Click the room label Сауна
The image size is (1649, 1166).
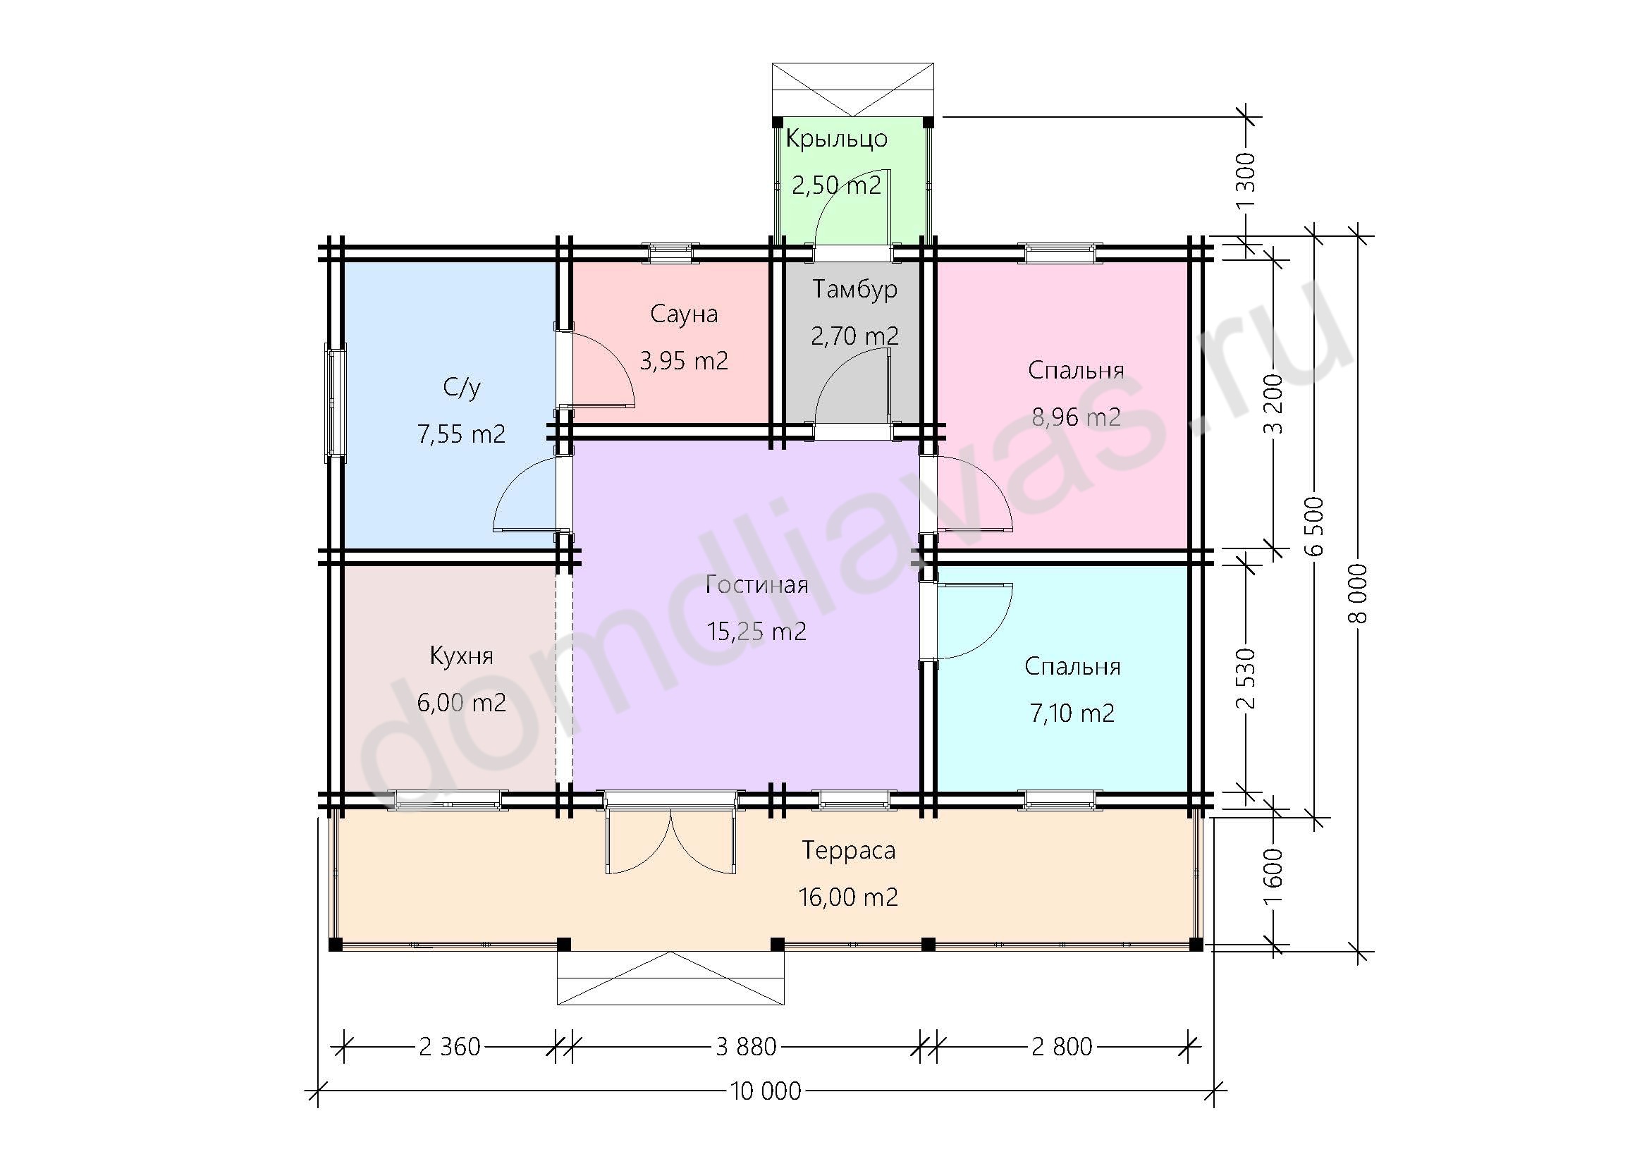[684, 314]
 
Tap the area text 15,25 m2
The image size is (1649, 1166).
[756, 632]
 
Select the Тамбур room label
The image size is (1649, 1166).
[854, 289]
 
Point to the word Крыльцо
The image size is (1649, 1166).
[837, 139]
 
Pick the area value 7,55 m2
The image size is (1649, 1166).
[462, 434]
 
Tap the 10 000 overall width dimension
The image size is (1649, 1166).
[766, 1092]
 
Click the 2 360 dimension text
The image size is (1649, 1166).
[450, 1048]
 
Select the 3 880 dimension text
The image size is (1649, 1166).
[746, 1048]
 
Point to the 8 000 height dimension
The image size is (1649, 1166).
[1361, 594]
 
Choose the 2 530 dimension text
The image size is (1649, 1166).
[1248, 678]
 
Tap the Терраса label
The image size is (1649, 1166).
[849, 851]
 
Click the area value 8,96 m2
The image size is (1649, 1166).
[1076, 417]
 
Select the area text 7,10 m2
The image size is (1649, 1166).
[1072, 713]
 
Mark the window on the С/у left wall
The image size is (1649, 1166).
[336, 403]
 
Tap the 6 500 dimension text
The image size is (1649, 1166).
[1315, 527]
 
